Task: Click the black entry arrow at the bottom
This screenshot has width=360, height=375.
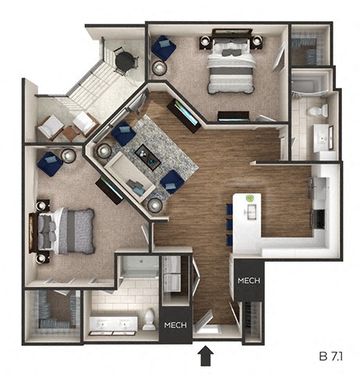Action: [x=205, y=355]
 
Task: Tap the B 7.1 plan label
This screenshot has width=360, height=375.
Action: [x=333, y=355]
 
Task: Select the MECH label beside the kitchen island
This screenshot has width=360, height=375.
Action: [x=248, y=281]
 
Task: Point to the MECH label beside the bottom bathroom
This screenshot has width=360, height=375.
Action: [x=173, y=325]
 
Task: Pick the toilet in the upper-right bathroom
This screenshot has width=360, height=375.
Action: [x=317, y=112]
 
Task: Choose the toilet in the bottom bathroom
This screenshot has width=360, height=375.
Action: [x=148, y=320]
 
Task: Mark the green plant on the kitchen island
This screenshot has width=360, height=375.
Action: [x=250, y=199]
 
